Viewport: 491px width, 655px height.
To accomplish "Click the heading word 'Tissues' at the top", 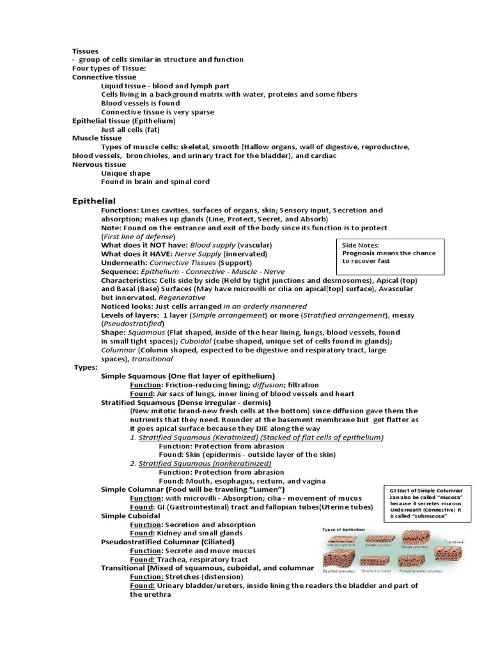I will point(86,50).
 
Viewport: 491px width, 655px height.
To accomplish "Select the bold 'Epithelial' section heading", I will point(93,201).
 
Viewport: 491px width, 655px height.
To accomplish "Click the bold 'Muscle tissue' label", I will point(97,138).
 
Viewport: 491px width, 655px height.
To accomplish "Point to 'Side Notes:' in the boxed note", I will point(361,244).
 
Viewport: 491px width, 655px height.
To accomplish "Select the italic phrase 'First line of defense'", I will point(138,237).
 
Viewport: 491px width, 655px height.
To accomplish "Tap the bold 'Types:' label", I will point(87,368).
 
